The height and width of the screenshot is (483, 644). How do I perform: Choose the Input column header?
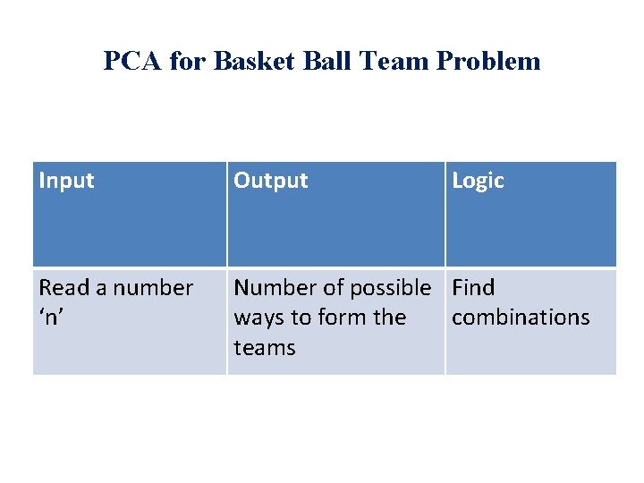(67, 181)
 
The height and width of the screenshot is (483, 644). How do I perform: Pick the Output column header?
(271, 181)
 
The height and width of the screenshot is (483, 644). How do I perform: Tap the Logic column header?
(479, 181)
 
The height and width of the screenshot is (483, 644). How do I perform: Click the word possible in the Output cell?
(391, 289)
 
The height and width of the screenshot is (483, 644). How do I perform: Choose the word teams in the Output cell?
(265, 348)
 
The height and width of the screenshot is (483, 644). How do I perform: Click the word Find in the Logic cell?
(473, 288)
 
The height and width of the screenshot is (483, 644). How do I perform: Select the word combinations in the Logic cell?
(521, 318)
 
